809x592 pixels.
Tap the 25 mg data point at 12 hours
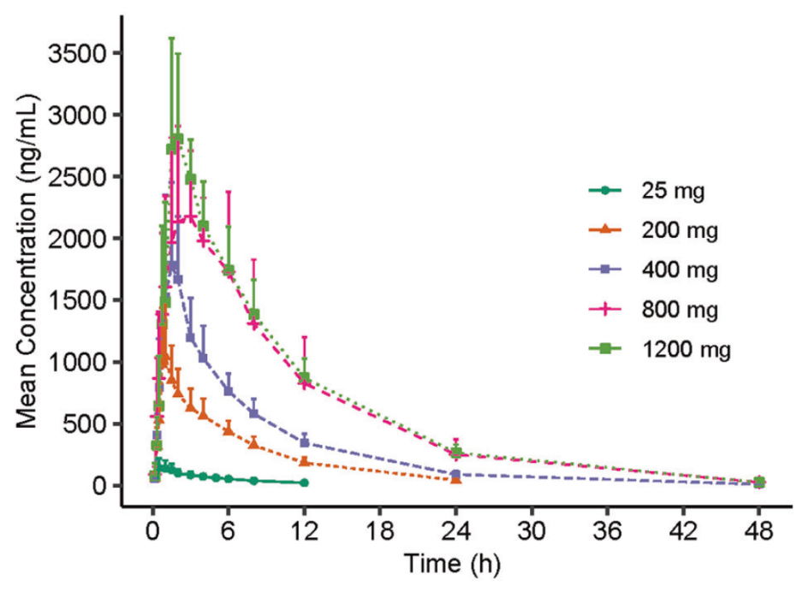click(x=304, y=483)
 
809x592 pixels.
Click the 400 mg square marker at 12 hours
click(x=304, y=443)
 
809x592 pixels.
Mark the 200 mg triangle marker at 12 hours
click(x=304, y=462)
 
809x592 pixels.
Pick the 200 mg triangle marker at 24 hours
click(x=455, y=479)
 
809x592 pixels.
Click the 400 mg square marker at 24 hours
click(x=455, y=474)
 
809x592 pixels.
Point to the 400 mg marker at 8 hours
click(x=253, y=413)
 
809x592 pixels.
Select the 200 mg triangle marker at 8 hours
click(x=253, y=443)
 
